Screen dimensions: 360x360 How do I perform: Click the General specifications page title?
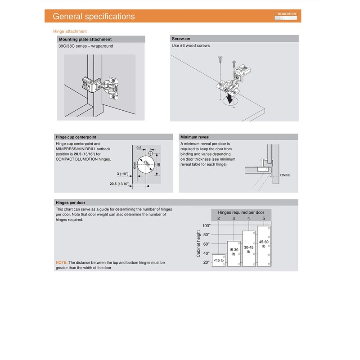pos(94,17)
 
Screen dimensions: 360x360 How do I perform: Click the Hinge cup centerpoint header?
pos(76,137)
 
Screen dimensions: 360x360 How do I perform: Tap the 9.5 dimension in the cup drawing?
pos(139,148)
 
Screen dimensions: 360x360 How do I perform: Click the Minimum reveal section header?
pos(194,137)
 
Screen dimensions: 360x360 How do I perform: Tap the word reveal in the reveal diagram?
pos(285,175)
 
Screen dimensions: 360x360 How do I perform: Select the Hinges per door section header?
pos(70,202)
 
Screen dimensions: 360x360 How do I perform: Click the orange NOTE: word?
pos(62,262)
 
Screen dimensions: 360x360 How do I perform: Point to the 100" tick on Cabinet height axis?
pos(206,225)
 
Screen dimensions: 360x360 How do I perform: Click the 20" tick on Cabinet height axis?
pos(207,262)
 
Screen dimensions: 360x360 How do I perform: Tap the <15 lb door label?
pos(219,261)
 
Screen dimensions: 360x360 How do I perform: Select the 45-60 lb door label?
pos(264,244)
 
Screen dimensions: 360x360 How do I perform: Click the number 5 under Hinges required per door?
pos(264,218)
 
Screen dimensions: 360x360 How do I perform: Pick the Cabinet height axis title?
pos(198,243)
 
